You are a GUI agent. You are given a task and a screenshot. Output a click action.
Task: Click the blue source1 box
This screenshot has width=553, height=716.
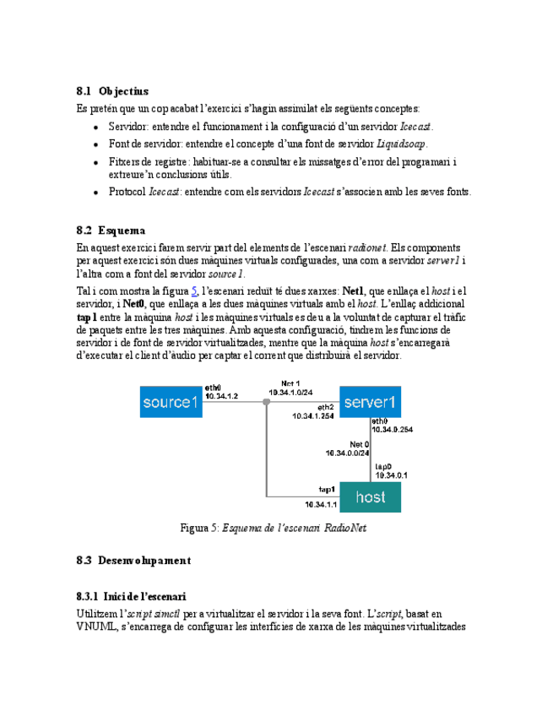tap(171, 402)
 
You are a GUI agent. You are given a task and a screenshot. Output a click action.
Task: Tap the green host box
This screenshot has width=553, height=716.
tap(370, 497)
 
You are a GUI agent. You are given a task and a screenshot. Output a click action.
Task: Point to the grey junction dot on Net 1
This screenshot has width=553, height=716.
tap(266, 403)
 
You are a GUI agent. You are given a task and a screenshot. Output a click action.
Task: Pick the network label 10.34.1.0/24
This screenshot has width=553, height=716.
tap(290, 393)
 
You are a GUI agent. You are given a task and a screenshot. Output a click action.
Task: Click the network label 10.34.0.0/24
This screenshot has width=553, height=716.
tap(347, 453)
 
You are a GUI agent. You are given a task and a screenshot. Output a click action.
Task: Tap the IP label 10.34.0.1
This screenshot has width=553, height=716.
tap(392, 475)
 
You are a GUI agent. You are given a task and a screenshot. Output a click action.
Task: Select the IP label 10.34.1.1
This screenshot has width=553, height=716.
tap(323, 505)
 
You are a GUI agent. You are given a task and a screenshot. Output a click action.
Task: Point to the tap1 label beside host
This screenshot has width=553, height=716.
tap(328, 490)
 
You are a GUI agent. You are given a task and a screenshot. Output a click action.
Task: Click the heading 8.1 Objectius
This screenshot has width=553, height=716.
tap(111, 90)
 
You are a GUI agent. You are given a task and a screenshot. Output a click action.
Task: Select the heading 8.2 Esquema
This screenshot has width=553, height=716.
tap(110, 230)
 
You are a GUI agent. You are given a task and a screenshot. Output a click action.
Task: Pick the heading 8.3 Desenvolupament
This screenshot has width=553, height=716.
tap(133, 560)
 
